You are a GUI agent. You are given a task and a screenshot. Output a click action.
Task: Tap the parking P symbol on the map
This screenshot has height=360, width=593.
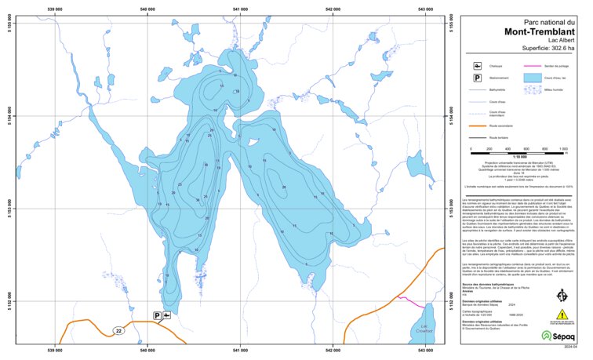[158, 315]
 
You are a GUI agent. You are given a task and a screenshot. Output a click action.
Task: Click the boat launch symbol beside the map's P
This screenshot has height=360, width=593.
[167, 315]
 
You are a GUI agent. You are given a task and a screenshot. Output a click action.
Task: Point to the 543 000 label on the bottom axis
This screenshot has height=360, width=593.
[426, 349]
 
